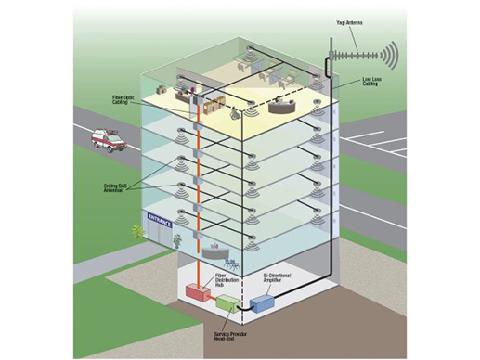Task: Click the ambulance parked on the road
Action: click(109, 142)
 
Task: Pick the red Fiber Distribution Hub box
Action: click(196, 290)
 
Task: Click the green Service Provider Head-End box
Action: click(227, 302)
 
